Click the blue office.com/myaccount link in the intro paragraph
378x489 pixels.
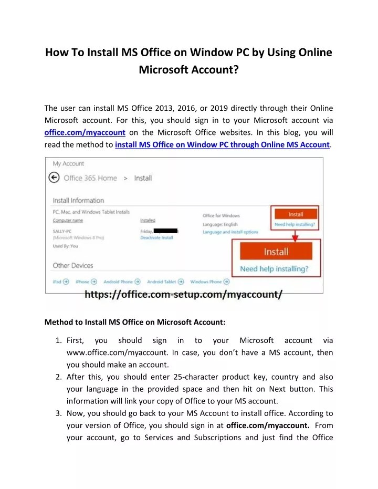click(x=85, y=132)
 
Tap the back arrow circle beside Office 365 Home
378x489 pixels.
click(x=54, y=178)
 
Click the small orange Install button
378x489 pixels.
click(x=296, y=214)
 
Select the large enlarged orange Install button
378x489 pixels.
click(x=276, y=252)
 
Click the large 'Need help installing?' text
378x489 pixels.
click(x=274, y=269)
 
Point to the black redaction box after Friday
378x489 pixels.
click(x=166, y=231)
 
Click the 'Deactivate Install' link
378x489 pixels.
click(x=156, y=238)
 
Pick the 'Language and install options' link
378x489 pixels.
click(x=230, y=232)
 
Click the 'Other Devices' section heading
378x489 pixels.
click(x=73, y=265)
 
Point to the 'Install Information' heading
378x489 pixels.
click(x=78, y=200)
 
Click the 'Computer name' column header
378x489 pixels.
click(x=68, y=221)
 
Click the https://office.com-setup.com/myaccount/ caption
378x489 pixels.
click(x=184, y=295)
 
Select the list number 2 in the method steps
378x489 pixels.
click(x=59, y=377)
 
